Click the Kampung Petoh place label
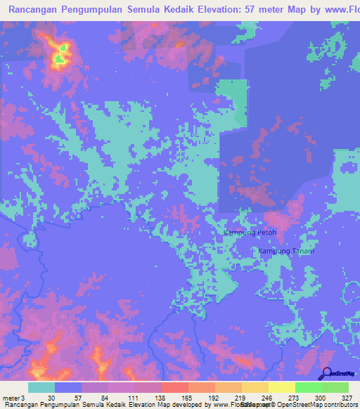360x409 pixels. click(x=250, y=233)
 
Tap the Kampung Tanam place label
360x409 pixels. click(x=286, y=251)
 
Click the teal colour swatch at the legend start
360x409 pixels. click(x=41, y=387)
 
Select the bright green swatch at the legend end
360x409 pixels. click(x=335, y=387)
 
